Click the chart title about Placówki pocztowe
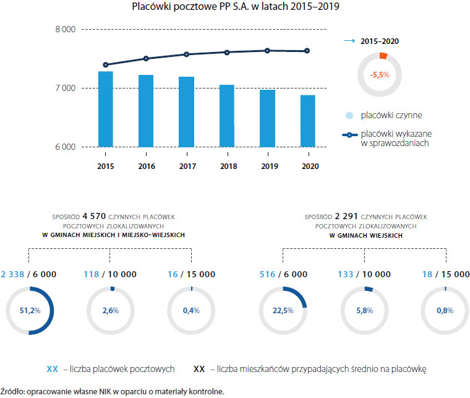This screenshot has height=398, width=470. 236,8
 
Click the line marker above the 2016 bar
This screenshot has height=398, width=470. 146,59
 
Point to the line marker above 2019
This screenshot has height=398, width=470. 267,51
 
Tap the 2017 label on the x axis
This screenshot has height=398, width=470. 187,167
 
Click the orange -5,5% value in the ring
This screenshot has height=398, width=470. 379,74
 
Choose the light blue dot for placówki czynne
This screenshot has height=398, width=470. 349,115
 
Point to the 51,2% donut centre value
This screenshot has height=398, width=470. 30,311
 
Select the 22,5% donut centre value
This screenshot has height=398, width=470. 283,311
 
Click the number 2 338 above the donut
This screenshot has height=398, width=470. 14,274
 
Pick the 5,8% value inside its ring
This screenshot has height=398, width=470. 364,311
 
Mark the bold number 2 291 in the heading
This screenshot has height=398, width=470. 348,217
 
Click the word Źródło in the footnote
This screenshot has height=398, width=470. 12,391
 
